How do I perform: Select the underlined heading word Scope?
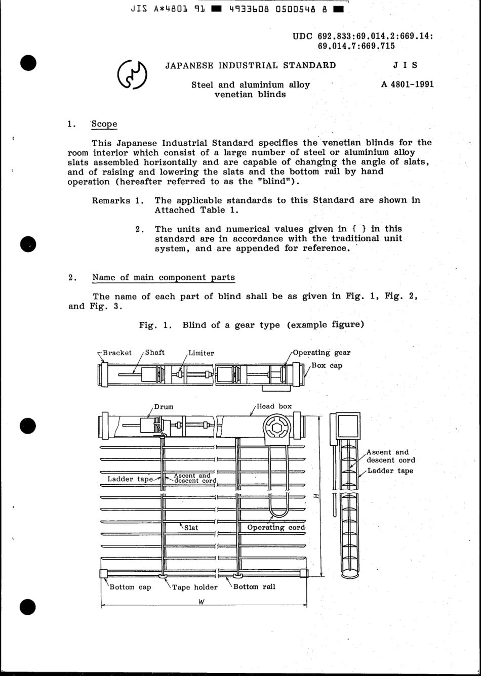[x=104, y=124]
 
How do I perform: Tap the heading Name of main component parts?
[x=164, y=277]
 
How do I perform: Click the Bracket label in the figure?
[x=116, y=353]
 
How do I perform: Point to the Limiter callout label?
[x=201, y=353]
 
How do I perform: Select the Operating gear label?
[x=322, y=353]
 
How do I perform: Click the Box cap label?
[x=327, y=365]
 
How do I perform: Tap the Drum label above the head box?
[x=164, y=406]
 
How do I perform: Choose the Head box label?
[x=274, y=406]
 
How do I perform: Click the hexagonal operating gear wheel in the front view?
[x=276, y=428]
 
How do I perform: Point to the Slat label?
[x=191, y=527]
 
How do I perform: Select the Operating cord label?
[x=276, y=527]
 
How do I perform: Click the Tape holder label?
[x=194, y=587]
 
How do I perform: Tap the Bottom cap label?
[x=130, y=587]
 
